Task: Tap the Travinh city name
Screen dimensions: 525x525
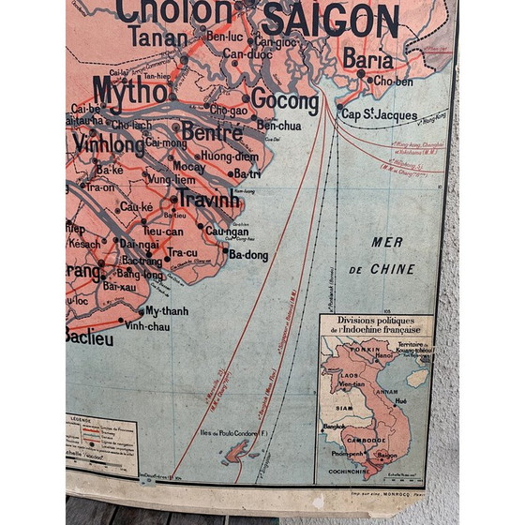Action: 208,200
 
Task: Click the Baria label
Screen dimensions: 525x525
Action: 367,59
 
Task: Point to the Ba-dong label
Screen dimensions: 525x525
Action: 248,254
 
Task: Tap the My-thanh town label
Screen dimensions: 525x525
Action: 168,310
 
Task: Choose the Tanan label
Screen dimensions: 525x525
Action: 157,37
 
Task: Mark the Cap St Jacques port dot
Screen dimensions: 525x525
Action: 340,109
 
